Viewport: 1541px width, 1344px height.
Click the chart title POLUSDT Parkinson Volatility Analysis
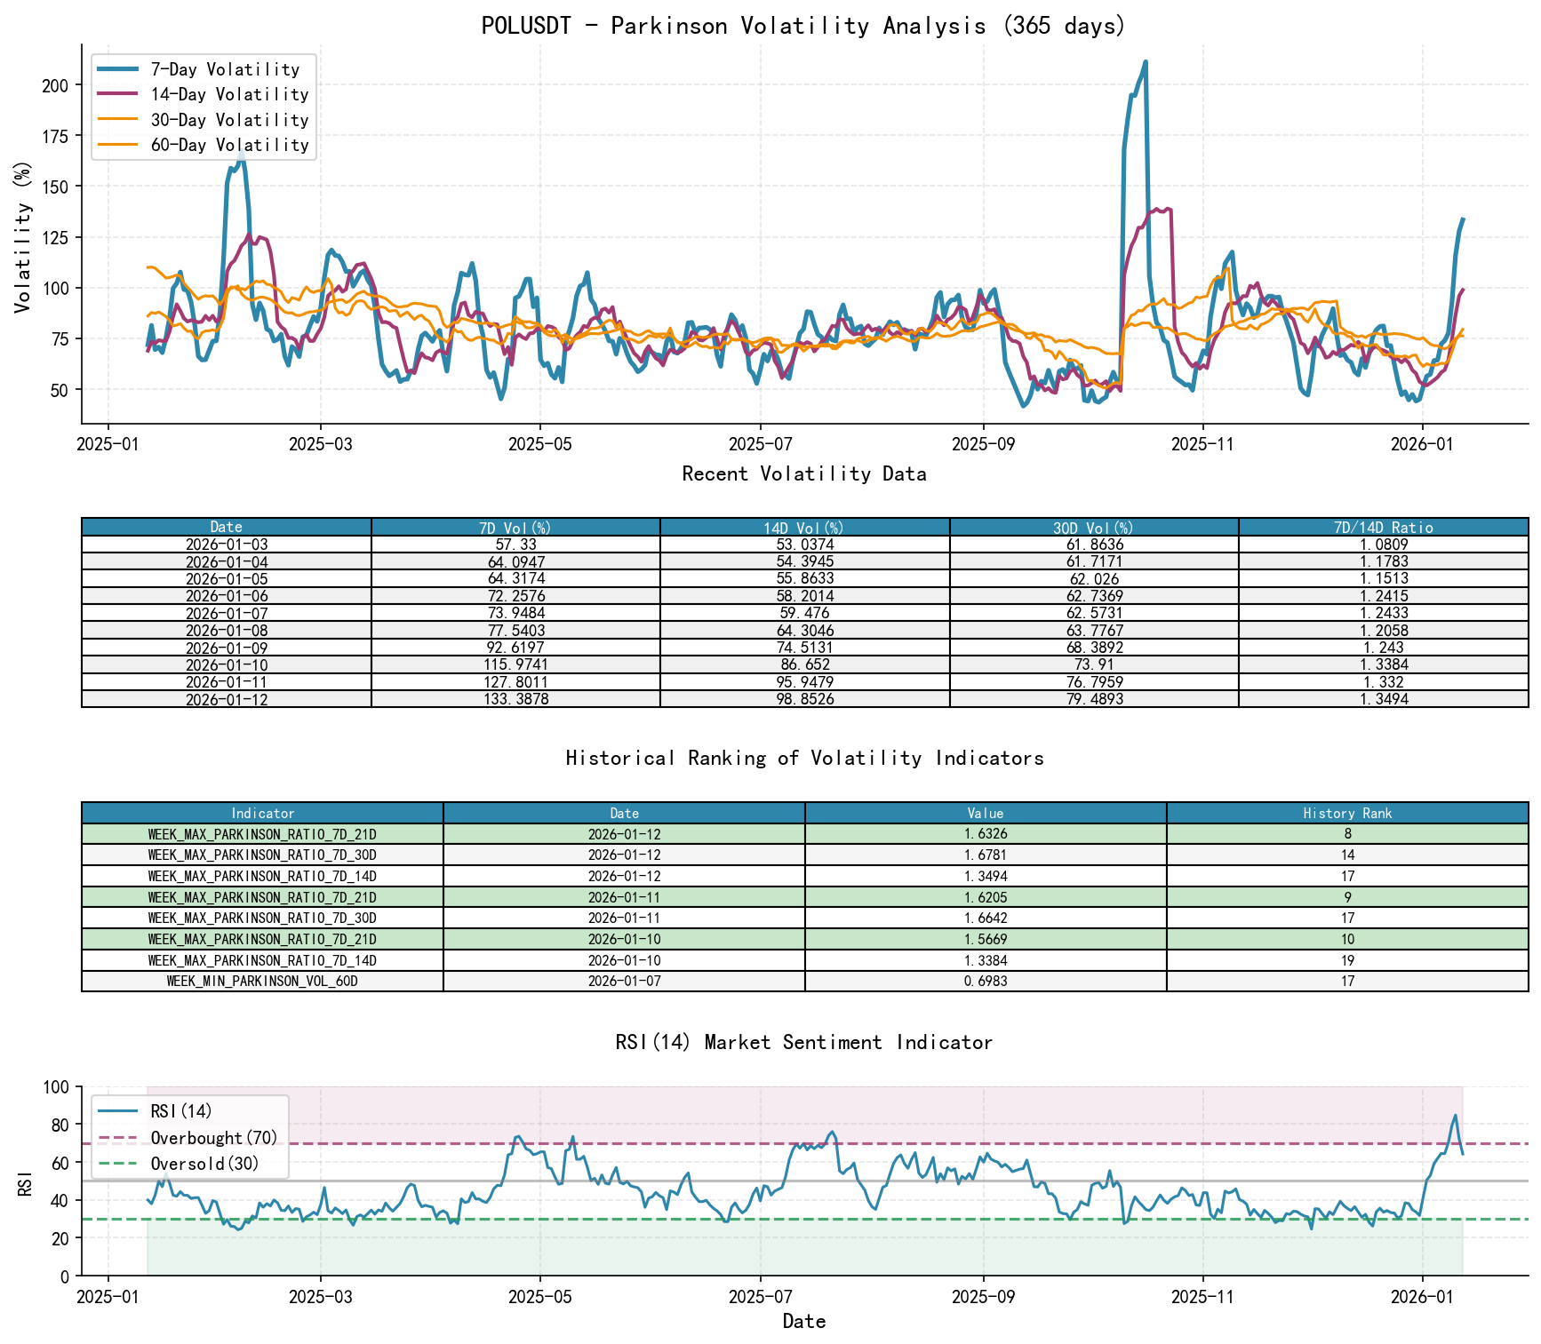(x=803, y=26)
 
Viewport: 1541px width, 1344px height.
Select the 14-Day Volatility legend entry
(x=229, y=94)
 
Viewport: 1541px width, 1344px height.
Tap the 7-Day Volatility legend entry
(x=225, y=69)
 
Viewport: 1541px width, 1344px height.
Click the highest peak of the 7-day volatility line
(x=1146, y=62)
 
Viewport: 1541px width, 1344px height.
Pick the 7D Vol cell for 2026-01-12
(x=515, y=699)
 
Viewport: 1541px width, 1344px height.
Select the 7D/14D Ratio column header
(x=1383, y=527)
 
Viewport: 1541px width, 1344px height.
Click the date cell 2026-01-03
(x=227, y=545)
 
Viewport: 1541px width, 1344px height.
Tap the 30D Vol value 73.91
(x=1094, y=664)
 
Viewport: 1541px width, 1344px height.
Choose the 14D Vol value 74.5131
(x=804, y=648)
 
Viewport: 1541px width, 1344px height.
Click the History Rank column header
(x=1347, y=813)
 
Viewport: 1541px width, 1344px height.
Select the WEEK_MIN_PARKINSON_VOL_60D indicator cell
(x=262, y=982)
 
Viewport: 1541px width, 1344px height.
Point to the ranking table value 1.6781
(x=986, y=855)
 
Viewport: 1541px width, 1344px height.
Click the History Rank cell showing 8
(x=1347, y=834)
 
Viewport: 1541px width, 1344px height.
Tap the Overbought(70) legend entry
(x=213, y=1138)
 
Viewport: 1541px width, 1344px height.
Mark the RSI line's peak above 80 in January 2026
(x=1455, y=1116)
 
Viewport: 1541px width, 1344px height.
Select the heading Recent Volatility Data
(x=804, y=474)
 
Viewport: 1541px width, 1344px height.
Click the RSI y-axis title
(x=25, y=1181)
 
